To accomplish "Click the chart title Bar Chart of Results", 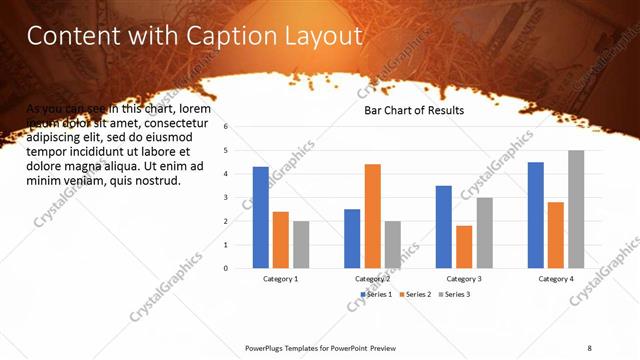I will tap(413, 110).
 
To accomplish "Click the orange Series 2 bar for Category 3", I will tap(464, 247).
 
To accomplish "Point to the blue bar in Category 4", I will tap(536, 215).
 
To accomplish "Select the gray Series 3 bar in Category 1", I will tap(301, 244).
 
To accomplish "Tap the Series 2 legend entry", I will tap(414, 294).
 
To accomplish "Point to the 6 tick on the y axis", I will tap(227, 127).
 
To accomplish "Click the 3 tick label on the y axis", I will tap(227, 198).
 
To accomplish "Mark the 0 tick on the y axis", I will tap(227, 268).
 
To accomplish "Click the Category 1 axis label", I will tap(280, 279).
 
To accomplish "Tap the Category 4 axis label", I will tap(556, 279).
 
